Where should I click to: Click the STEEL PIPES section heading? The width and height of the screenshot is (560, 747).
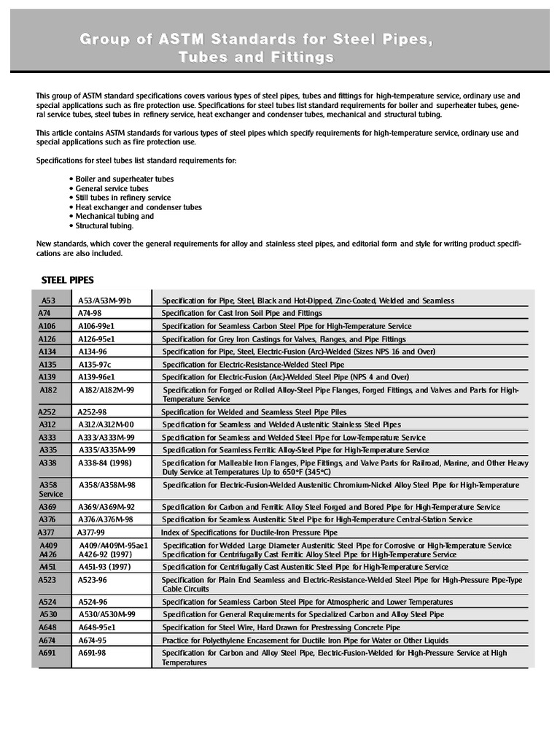pyautogui.click(x=67, y=280)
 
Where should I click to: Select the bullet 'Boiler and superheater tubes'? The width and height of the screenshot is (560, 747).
pyautogui.click(x=124, y=179)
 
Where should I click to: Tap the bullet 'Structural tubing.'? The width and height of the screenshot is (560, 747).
pyautogui.click(x=104, y=226)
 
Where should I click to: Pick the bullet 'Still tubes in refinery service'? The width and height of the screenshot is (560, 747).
pyautogui.click(x=122, y=198)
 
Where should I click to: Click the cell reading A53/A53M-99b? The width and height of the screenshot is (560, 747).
pyautogui.click(x=105, y=301)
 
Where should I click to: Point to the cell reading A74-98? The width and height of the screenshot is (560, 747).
pyautogui.click(x=90, y=313)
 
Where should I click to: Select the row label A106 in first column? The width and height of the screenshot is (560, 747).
pyautogui.click(x=47, y=326)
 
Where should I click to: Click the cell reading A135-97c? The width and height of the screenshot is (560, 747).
pyautogui.click(x=95, y=364)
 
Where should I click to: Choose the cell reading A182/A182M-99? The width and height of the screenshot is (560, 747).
pyautogui.click(x=106, y=390)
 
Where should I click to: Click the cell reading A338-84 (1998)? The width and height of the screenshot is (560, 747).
pyautogui.click(x=104, y=463)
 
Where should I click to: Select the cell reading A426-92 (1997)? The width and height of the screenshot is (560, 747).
pyautogui.click(x=105, y=554)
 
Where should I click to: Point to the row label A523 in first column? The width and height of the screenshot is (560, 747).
pyautogui.click(x=47, y=580)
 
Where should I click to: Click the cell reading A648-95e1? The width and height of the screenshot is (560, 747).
pyautogui.click(x=97, y=627)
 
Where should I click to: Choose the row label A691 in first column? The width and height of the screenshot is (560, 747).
pyautogui.click(x=47, y=653)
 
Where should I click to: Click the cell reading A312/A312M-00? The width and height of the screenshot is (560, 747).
pyautogui.click(x=106, y=425)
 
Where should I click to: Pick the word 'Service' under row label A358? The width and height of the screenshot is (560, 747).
pyautogui.click(x=51, y=494)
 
